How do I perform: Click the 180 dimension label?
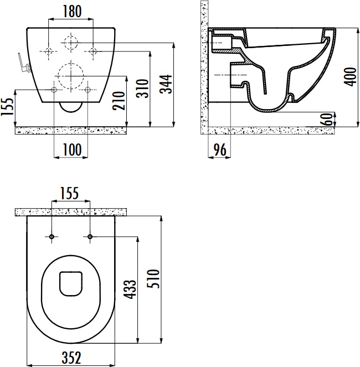click(x=73, y=12)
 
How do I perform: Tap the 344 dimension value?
click(x=166, y=84)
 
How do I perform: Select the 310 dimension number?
click(x=143, y=89)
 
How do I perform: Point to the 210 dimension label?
click(x=119, y=100)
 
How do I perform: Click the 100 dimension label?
click(x=73, y=149)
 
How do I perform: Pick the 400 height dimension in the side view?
click(x=351, y=77)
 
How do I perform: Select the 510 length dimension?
click(x=153, y=278)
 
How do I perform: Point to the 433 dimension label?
click(x=130, y=290)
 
